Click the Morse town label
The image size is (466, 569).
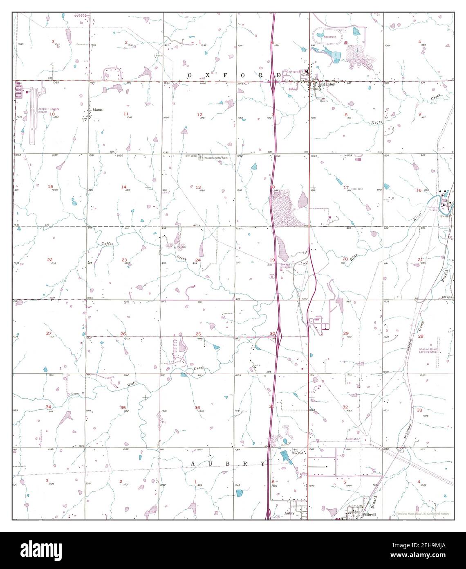click(x=97, y=110)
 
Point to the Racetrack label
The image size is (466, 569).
click(x=329, y=37)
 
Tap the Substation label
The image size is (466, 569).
click(x=353, y=439)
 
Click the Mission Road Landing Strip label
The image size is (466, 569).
click(x=428, y=350)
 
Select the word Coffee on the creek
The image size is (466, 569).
click(x=108, y=244)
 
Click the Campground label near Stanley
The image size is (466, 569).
click(x=294, y=72)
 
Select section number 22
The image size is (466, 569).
click(x=50, y=260)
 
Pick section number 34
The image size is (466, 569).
click(x=49, y=407)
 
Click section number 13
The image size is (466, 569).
click(x=198, y=187)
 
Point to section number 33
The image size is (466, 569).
click(x=419, y=410)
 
